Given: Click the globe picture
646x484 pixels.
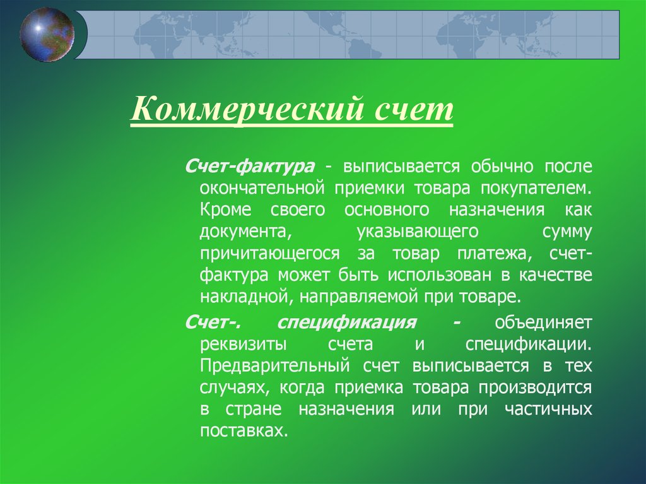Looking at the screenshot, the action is coord(47,35).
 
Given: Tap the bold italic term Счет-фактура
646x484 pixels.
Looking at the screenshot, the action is coord(250,166).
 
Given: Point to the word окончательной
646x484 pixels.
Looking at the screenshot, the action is coord(262,189).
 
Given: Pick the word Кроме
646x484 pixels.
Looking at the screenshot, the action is coord(225,210).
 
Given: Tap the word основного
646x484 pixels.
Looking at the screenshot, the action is coord(387,210).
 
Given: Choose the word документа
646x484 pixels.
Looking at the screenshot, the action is coord(245,232).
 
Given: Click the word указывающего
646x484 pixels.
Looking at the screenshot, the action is coord(418,232).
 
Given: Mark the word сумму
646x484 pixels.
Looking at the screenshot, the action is coord(567,232).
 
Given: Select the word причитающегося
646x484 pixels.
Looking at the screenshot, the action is coord(270,253).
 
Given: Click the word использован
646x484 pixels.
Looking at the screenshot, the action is coord(439,275).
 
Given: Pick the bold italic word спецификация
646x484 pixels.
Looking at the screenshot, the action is coord(346,322).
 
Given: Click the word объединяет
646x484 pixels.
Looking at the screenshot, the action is coord(543,322).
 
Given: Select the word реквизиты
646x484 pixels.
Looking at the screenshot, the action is coord(243,345).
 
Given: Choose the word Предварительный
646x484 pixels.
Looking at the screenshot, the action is coord(275,365).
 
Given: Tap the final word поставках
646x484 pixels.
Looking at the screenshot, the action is coord(244,430).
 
